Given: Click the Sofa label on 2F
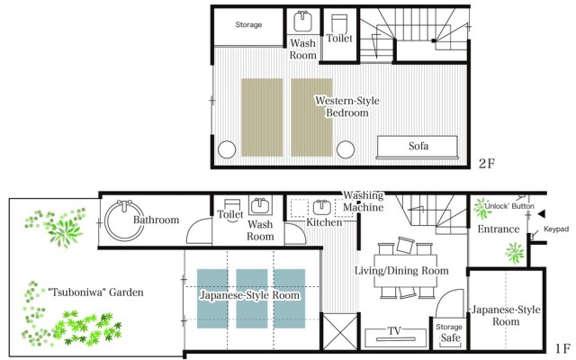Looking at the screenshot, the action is pos(418,146).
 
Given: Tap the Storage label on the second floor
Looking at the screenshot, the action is pos(248,24).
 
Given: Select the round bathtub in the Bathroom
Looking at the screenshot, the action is pos(124,220).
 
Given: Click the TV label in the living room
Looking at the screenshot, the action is pos(394,330).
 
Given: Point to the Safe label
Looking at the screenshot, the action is pos(450,337).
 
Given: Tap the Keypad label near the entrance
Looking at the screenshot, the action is pos(556,229).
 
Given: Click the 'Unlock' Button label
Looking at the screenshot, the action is pos(508,206).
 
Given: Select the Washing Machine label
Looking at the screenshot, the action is pos(364,202).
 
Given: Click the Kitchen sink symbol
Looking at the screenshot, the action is pos(322,208).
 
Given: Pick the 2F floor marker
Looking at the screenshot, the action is pos(487,164).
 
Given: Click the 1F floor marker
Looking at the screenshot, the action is pos(562,348).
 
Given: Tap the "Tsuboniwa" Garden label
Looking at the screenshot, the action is pos(96,292).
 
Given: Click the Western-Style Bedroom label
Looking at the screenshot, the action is pos(347,106).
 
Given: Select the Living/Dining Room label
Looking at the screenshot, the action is pos(401,271).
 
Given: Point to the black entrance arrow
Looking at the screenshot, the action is pos(542,214).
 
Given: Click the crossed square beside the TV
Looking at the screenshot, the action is pos(340,332).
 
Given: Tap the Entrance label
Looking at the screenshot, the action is pos(499,229).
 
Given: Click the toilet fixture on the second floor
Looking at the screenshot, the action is pos(339,23).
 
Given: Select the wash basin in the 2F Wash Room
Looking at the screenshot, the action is pos(302,22).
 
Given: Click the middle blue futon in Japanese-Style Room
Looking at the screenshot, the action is pos(252,298).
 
